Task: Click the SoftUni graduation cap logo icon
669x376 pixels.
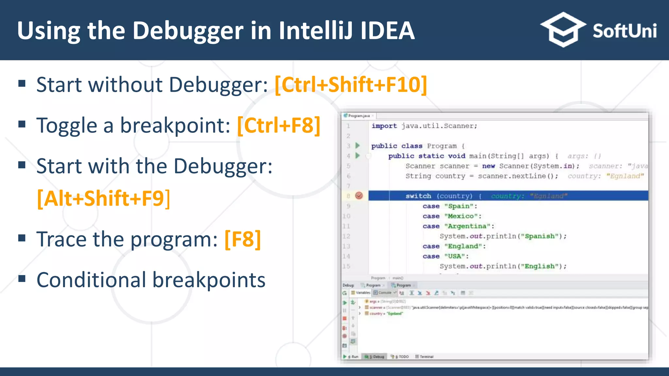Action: click(563, 30)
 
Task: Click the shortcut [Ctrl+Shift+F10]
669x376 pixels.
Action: click(351, 85)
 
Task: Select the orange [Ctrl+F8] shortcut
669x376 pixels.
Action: click(279, 126)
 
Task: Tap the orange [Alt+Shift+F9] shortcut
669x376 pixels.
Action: click(104, 198)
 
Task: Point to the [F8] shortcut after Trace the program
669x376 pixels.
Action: click(243, 239)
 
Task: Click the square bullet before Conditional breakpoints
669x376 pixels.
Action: click(22, 279)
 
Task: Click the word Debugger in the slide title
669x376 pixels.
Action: click(188, 31)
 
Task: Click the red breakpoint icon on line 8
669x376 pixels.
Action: click(359, 196)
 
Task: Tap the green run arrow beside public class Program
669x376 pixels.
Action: click(358, 146)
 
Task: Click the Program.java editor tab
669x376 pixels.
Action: click(359, 116)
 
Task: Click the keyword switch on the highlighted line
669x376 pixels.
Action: click(418, 196)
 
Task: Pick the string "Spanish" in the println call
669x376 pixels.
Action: click(540, 236)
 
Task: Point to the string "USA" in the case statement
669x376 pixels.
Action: click(454, 256)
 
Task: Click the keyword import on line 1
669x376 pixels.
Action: click(384, 126)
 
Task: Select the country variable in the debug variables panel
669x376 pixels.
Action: click(376, 313)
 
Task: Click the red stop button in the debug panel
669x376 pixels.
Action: click(345, 318)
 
